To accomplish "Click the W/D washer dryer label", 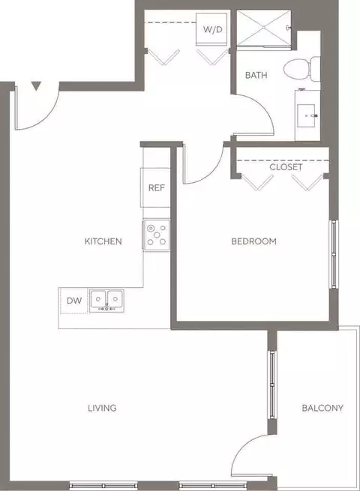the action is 213,29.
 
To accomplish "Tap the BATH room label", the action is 256,75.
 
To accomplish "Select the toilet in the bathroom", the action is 301,69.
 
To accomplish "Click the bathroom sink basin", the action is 306,115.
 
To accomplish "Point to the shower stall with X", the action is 263,28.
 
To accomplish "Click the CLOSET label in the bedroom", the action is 286,167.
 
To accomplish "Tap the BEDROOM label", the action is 253,241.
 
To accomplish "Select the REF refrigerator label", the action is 156,188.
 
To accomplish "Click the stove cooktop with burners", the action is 156,235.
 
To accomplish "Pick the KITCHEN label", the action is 103,241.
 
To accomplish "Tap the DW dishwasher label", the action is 74,301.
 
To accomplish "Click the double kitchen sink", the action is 106,301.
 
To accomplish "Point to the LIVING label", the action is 102,408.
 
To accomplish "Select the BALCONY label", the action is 322,408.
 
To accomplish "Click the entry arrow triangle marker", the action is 36,86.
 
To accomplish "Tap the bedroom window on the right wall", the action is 334,254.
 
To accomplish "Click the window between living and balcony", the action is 272,385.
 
